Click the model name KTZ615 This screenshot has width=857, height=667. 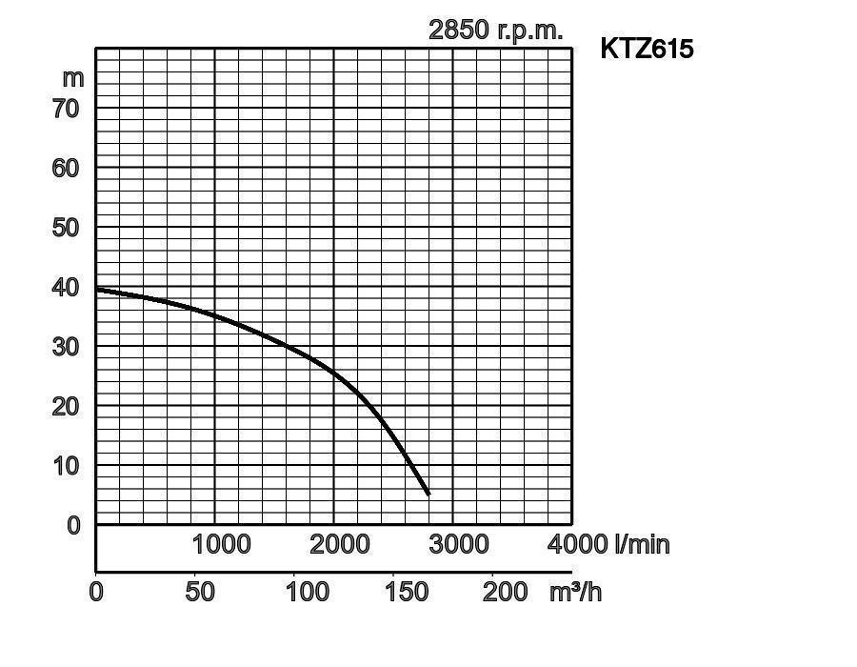pos(647,49)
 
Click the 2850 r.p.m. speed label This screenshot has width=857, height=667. pos(495,30)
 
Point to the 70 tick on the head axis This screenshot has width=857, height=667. pos(66,109)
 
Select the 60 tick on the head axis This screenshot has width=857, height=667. pos(66,168)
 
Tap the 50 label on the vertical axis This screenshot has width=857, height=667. pos(66,228)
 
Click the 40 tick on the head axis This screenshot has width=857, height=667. pos(66,287)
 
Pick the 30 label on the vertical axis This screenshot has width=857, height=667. pos(66,347)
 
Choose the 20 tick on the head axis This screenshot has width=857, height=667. pos(66,406)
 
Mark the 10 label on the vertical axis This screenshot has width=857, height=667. pos(66,466)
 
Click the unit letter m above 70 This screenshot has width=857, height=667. pos(72,78)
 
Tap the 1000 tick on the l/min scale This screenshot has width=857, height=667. pos(221,544)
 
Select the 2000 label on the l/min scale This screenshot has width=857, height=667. pos(340,544)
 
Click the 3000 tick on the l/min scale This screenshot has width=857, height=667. pos(459,544)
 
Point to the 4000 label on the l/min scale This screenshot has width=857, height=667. pos(577,544)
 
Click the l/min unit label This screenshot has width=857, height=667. pos(643,544)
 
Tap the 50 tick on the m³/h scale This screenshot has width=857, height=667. pos(200,592)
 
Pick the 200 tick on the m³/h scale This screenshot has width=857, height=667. pos(504,592)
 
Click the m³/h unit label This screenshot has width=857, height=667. pos(575,592)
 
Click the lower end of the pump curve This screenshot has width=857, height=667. pos(428,494)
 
